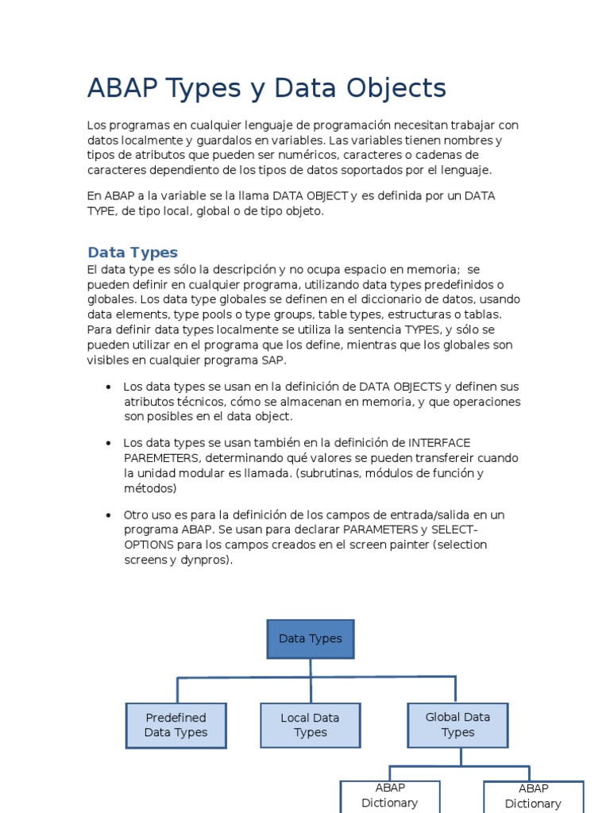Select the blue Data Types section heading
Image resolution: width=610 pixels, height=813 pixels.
[133, 252]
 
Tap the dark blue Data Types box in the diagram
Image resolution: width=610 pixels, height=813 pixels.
[311, 639]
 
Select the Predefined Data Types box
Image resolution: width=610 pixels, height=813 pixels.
[176, 725]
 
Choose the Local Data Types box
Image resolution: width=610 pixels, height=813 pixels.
[310, 725]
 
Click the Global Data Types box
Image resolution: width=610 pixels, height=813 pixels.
[457, 724]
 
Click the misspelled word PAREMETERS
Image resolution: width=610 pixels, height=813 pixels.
[158, 458]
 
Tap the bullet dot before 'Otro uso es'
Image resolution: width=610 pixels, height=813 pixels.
[107, 515]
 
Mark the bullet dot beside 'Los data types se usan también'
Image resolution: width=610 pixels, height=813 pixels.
[107, 443]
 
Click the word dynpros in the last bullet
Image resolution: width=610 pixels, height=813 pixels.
[207, 560]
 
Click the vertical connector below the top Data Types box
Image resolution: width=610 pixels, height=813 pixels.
[311, 668]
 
